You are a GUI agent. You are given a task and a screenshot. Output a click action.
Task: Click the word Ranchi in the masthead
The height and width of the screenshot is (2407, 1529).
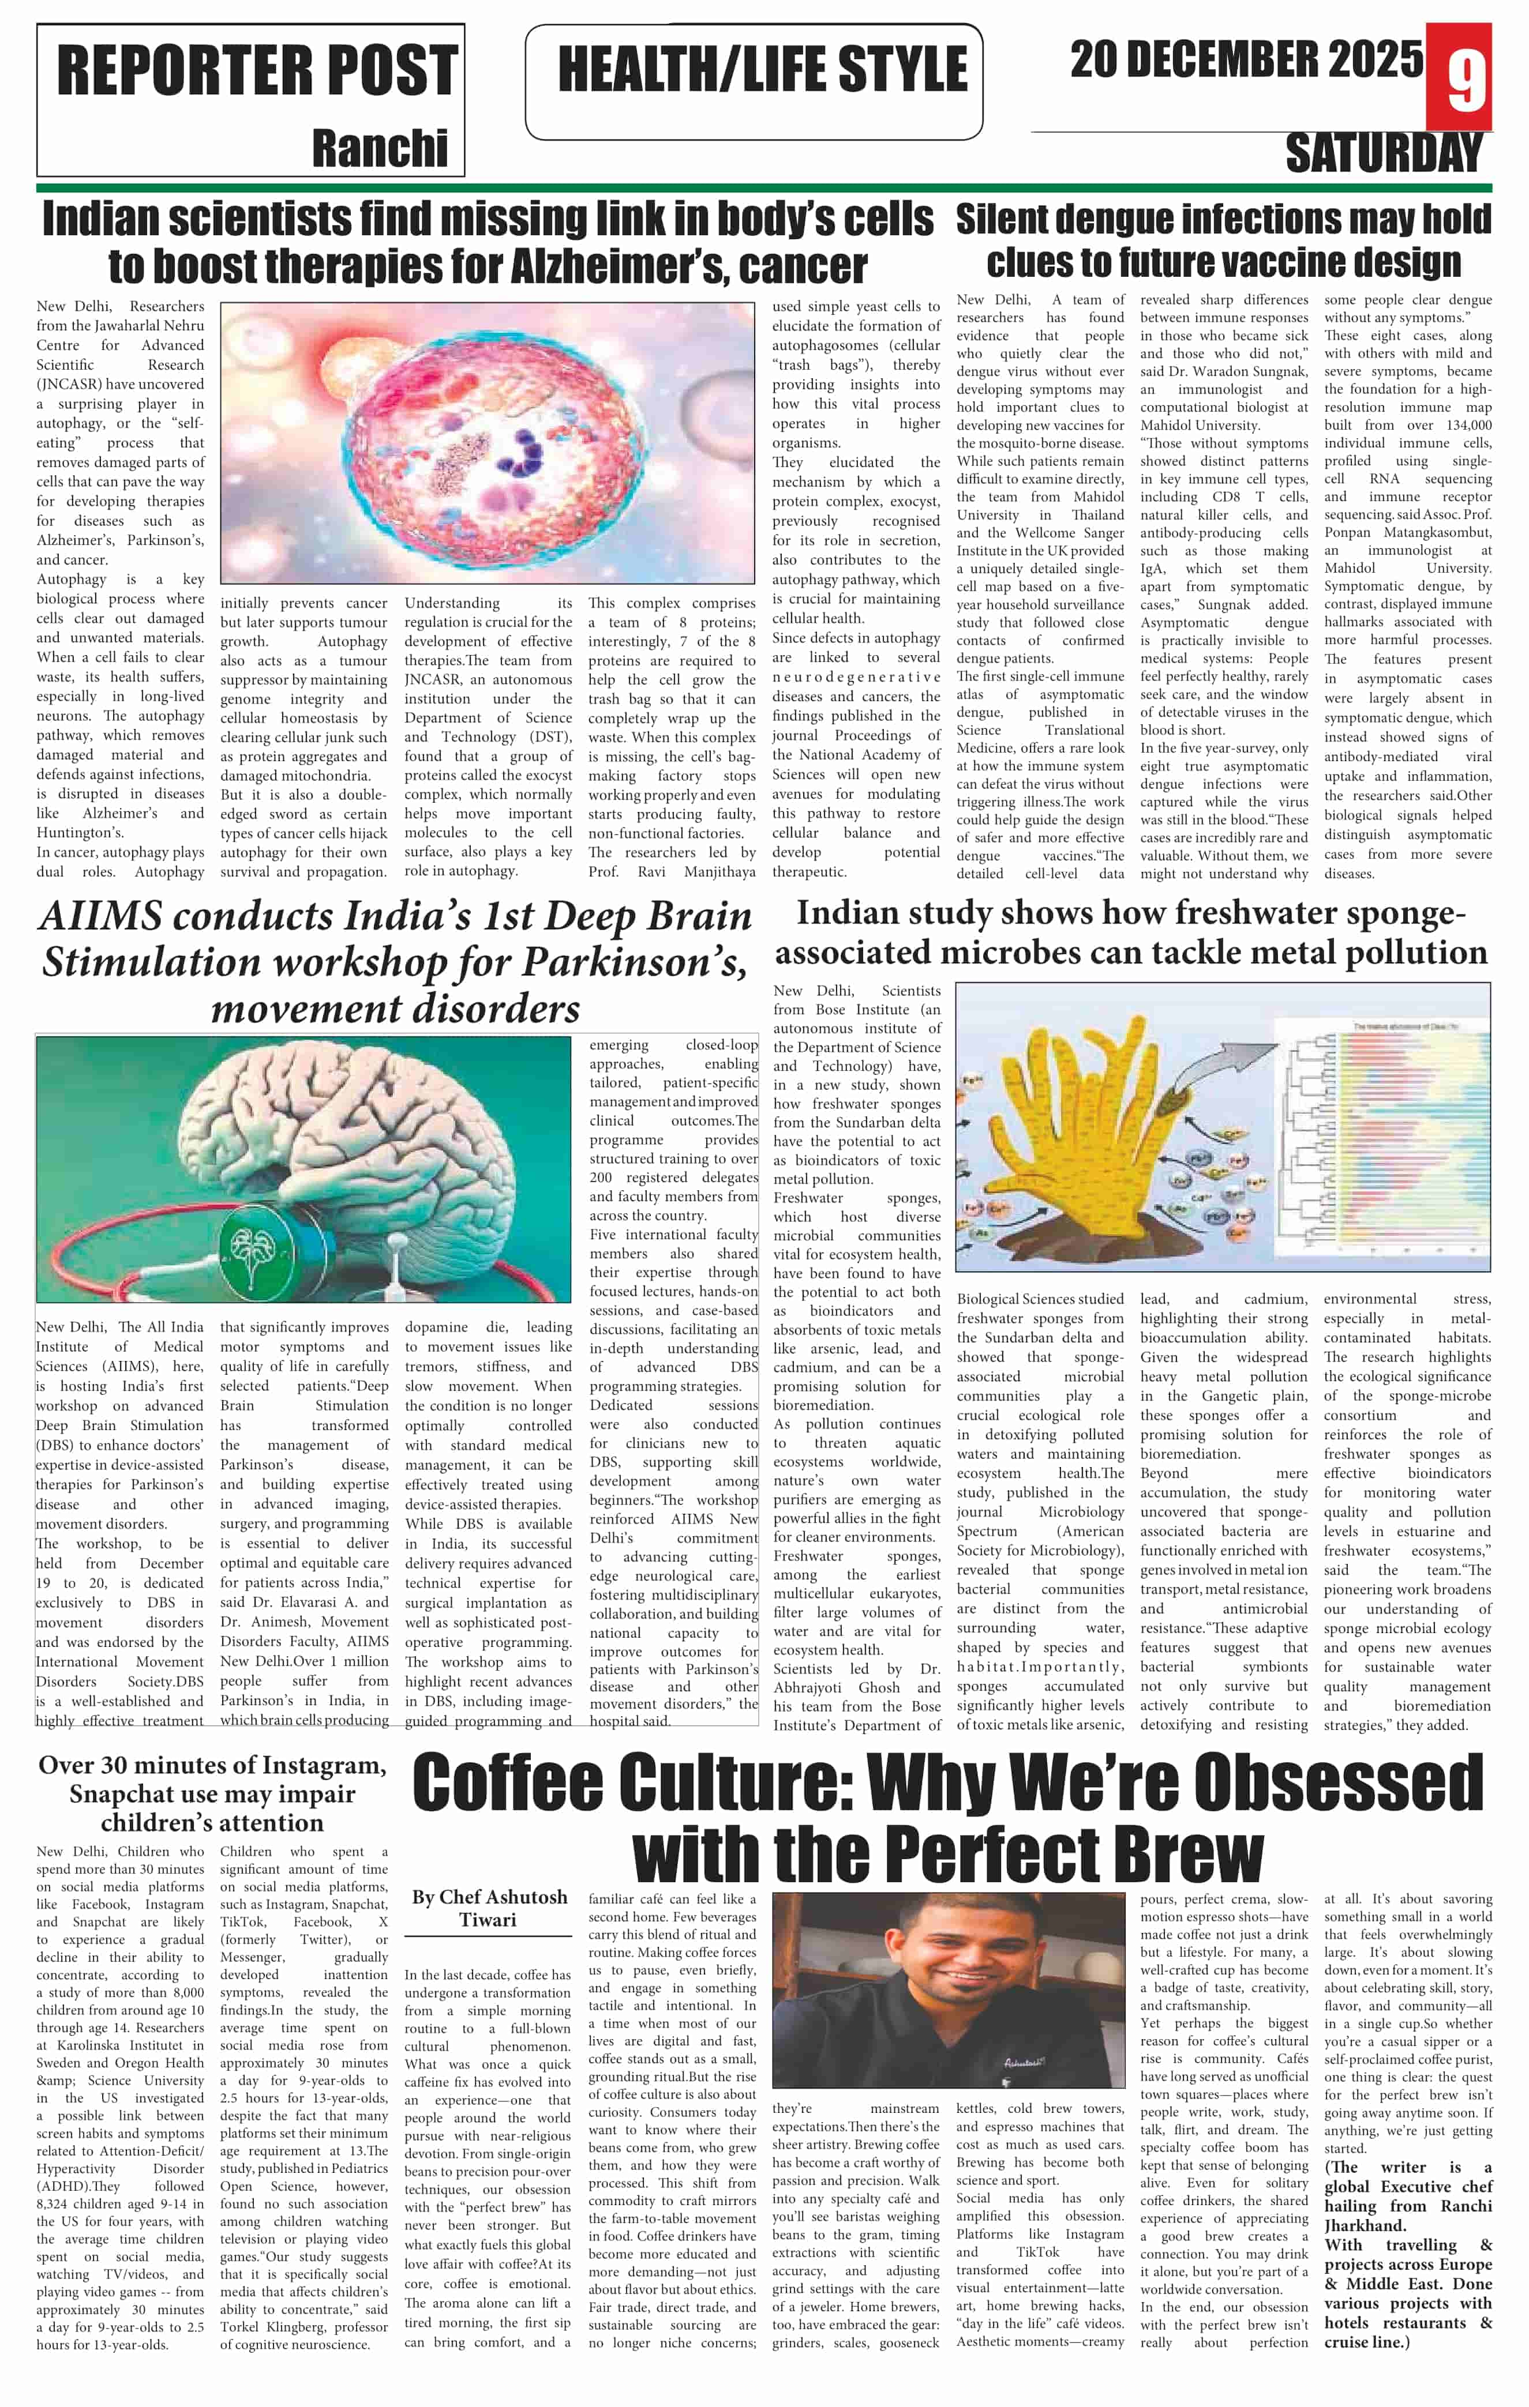380,148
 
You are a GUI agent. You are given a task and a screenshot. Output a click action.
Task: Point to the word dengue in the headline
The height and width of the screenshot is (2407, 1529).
1129,220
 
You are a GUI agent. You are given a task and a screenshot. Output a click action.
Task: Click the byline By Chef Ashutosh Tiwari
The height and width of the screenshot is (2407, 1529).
489,1907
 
